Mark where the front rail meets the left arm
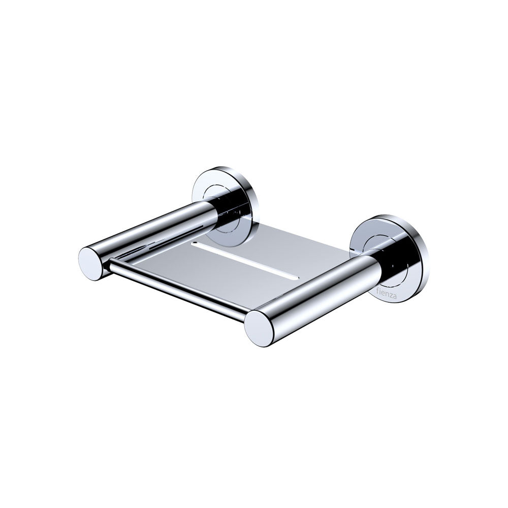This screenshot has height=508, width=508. (111, 265)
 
